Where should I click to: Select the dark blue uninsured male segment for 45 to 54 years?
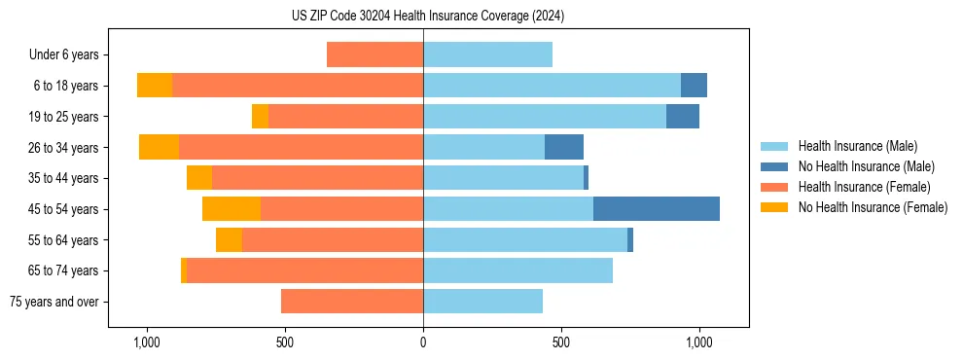click(657, 209)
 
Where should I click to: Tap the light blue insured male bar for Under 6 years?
click(487, 54)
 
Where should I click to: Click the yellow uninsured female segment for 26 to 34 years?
click(159, 147)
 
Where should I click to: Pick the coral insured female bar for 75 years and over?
click(352, 302)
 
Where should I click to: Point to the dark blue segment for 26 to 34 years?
click(564, 147)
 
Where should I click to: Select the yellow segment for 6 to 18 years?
click(155, 86)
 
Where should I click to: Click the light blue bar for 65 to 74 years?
click(517, 270)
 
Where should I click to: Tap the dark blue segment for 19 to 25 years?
click(683, 117)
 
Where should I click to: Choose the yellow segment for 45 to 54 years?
click(232, 209)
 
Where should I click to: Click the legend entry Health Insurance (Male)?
click(857, 146)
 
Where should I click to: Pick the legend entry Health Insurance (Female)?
click(864, 187)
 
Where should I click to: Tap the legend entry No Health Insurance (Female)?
click(873, 207)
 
